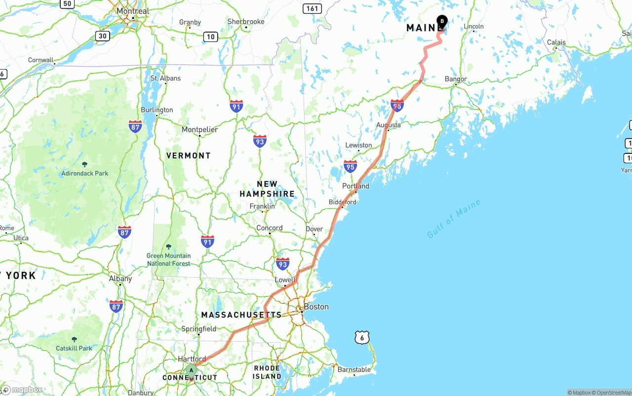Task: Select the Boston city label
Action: click(x=316, y=307)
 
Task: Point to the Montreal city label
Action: click(x=133, y=11)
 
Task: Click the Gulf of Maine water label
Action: click(x=454, y=218)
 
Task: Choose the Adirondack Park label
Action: click(x=85, y=173)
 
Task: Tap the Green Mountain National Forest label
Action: click(x=168, y=259)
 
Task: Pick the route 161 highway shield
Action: click(x=313, y=8)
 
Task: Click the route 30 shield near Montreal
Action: click(x=102, y=36)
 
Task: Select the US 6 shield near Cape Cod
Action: click(x=362, y=337)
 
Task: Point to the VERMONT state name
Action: click(x=188, y=155)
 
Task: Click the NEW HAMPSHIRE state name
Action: click(x=267, y=189)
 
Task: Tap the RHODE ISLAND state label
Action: click(x=267, y=372)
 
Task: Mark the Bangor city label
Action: click(x=456, y=79)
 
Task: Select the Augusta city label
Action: click(x=389, y=125)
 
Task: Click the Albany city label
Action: click(x=120, y=279)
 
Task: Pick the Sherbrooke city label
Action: click(x=246, y=22)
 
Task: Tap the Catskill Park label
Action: click(x=74, y=348)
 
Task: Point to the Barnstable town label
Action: click(x=354, y=369)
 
